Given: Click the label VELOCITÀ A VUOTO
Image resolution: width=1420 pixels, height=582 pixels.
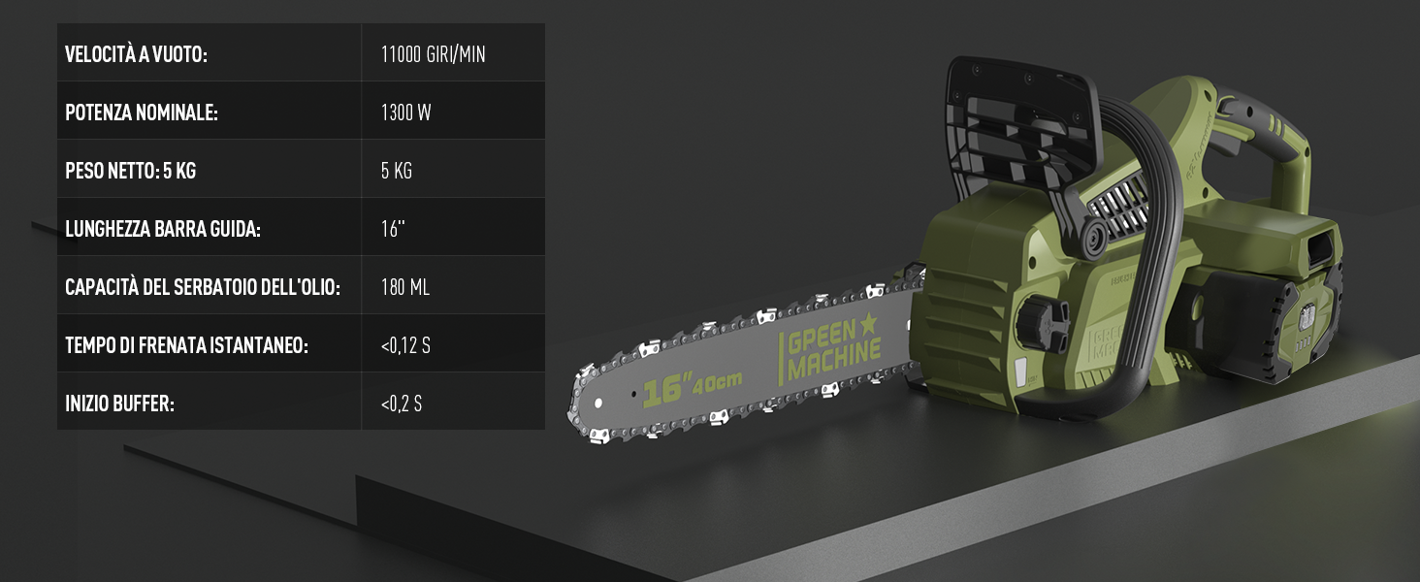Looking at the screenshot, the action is (x=137, y=54).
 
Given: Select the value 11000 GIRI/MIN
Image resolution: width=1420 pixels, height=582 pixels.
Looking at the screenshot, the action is (x=433, y=54).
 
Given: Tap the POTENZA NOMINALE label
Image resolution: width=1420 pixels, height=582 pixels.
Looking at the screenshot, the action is (x=142, y=113).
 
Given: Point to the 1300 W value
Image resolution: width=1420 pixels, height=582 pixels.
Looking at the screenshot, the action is (x=405, y=113).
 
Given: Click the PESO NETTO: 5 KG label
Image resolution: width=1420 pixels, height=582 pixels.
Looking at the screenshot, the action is (x=131, y=171).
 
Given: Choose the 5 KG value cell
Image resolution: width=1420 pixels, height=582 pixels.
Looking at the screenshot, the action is (x=396, y=171).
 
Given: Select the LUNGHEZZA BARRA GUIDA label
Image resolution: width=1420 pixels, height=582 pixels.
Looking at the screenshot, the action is (x=163, y=229).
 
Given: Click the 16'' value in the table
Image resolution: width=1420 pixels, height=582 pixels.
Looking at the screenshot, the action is (x=393, y=228).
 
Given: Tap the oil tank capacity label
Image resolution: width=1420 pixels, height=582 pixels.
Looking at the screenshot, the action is (x=203, y=287).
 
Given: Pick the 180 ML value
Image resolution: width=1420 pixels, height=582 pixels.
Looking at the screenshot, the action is (x=405, y=287).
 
